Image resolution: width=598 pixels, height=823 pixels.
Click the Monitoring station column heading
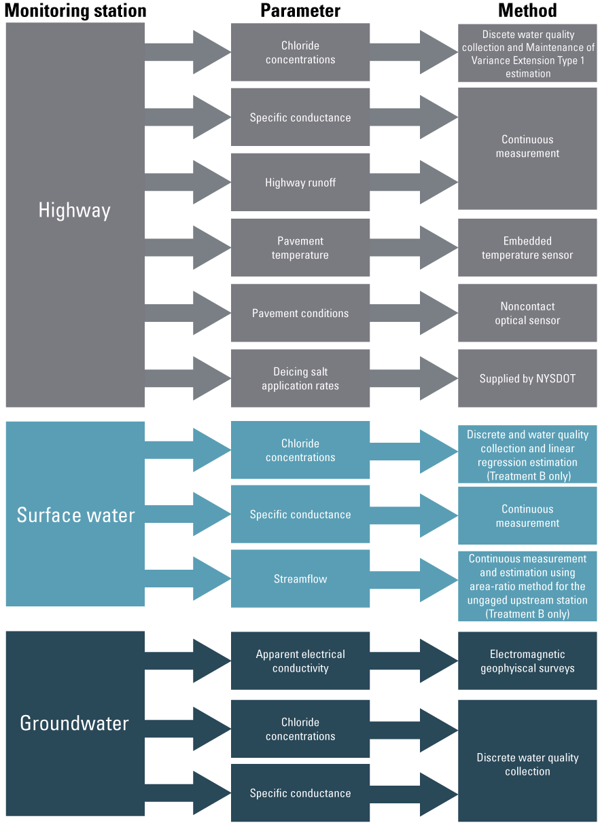pyautogui.click(x=75, y=11)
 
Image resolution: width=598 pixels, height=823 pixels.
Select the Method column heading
pyautogui.click(x=527, y=11)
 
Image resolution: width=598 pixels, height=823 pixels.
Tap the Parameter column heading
pyautogui.click(x=300, y=11)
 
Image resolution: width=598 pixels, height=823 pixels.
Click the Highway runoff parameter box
pyautogui.click(x=300, y=182)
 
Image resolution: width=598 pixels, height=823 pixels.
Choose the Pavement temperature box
pyautogui.click(x=300, y=248)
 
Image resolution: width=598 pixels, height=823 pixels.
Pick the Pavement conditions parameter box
pyautogui.click(x=300, y=313)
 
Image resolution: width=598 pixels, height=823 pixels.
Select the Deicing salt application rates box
pyautogui.click(x=300, y=378)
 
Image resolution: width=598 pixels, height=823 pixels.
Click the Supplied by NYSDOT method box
pyautogui.click(x=527, y=378)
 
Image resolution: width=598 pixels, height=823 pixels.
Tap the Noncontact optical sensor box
pyautogui.click(x=527, y=313)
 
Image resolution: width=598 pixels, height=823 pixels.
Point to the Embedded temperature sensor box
pyautogui.click(x=527, y=248)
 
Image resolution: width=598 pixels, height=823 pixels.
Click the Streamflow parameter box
pyautogui.click(x=300, y=579)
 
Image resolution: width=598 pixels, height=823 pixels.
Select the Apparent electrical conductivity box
pyautogui.click(x=300, y=661)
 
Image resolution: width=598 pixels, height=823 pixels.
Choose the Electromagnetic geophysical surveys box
pyautogui.click(x=527, y=661)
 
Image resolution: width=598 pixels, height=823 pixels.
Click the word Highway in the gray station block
pyautogui.click(x=75, y=211)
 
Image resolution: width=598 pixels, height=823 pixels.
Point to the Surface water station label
pyautogui.click(x=75, y=515)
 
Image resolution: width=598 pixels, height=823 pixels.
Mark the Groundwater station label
pyautogui.click(x=75, y=723)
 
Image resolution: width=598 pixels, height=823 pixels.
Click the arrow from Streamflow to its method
pyautogui.click(x=415, y=579)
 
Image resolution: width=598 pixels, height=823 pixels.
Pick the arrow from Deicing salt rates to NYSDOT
pyautogui.click(x=415, y=378)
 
